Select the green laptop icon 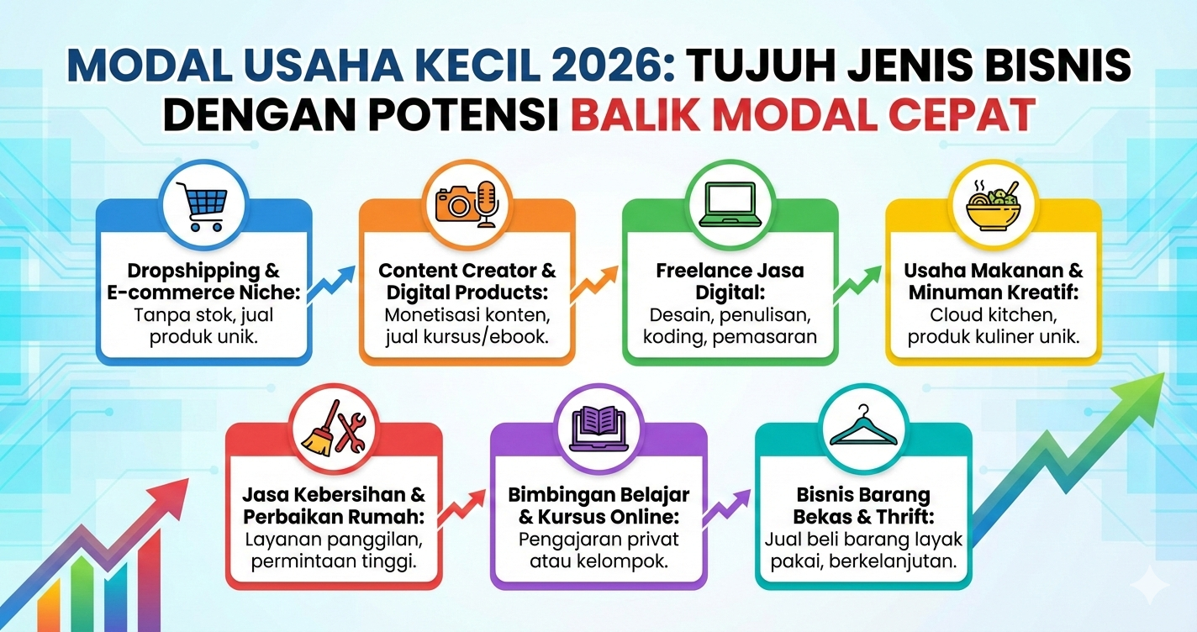tap(730, 204)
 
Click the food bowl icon tap(994, 204)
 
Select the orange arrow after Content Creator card tap(595, 282)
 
